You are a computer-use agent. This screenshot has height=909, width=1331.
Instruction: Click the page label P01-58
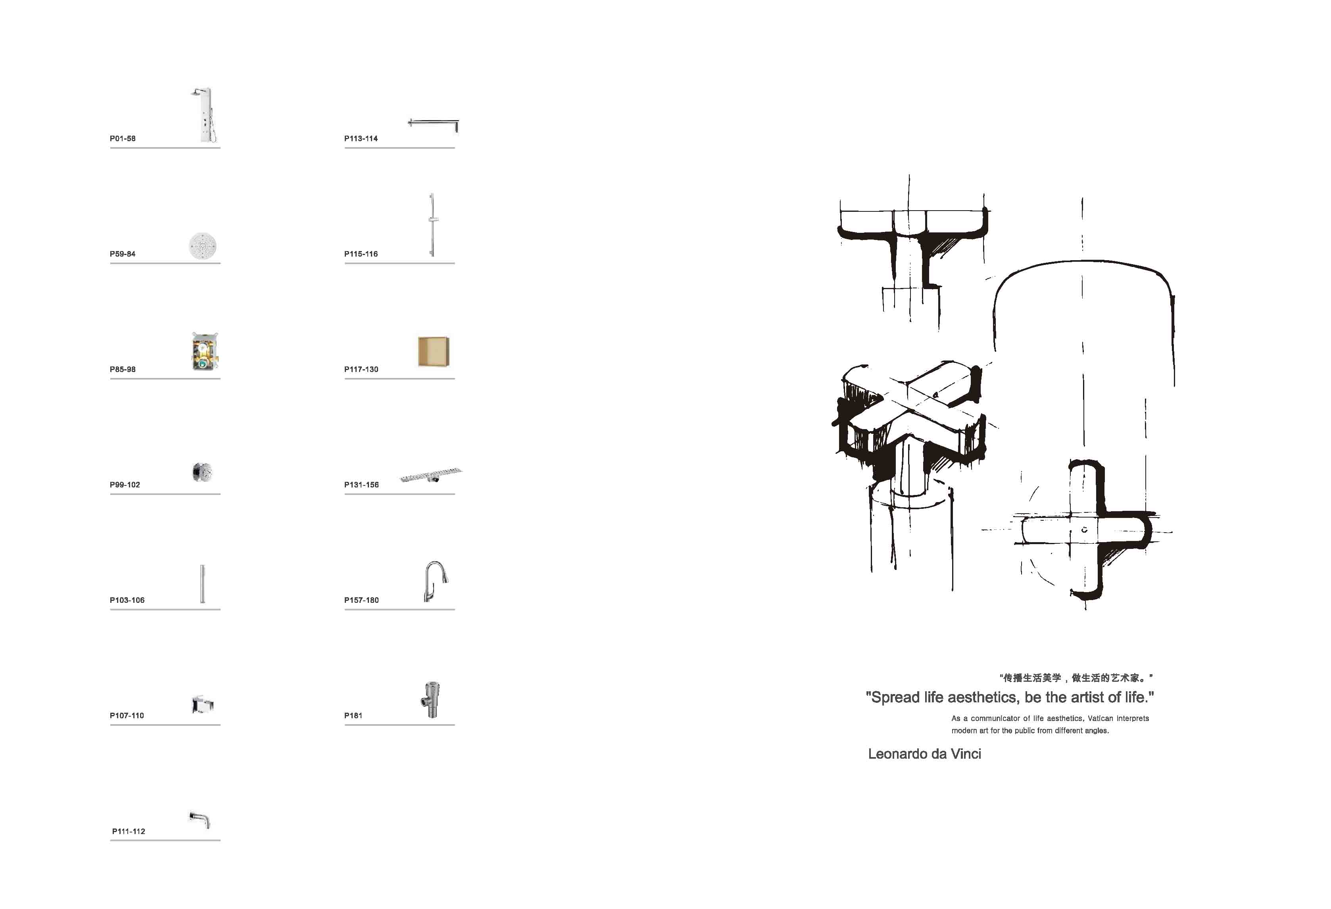click(x=123, y=138)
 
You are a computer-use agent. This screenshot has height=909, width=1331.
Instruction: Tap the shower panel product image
click(x=203, y=115)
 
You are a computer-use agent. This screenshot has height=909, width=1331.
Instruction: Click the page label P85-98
click(x=123, y=369)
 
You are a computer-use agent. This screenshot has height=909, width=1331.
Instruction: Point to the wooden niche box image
click(x=434, y=351)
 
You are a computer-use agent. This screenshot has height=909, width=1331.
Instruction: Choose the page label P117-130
click(x=361, y=369)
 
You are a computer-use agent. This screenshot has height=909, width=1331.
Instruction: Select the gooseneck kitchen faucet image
click(x=435, y=581)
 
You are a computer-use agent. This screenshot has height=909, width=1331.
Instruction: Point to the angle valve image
click(x=431, y=700)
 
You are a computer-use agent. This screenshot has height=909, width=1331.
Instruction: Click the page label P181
click(x=353, y=715)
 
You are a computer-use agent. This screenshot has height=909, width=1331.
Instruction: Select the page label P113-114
click(x=361, y=138)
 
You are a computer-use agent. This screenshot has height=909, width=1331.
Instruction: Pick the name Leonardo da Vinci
click(x=924, y=754)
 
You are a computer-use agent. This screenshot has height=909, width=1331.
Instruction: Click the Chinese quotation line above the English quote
click(x=1076, y=678)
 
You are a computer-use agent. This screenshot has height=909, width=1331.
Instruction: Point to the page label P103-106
click(x=127, y=600)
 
